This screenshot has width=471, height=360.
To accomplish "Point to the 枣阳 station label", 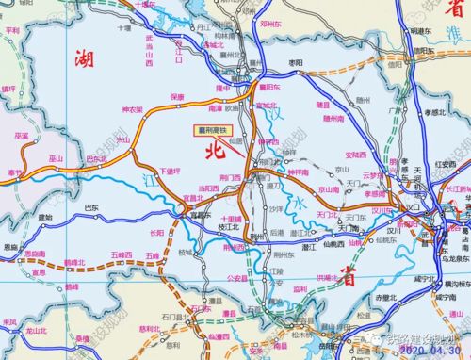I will point(296,61).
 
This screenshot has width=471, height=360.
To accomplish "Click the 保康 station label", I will point(176,97).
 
